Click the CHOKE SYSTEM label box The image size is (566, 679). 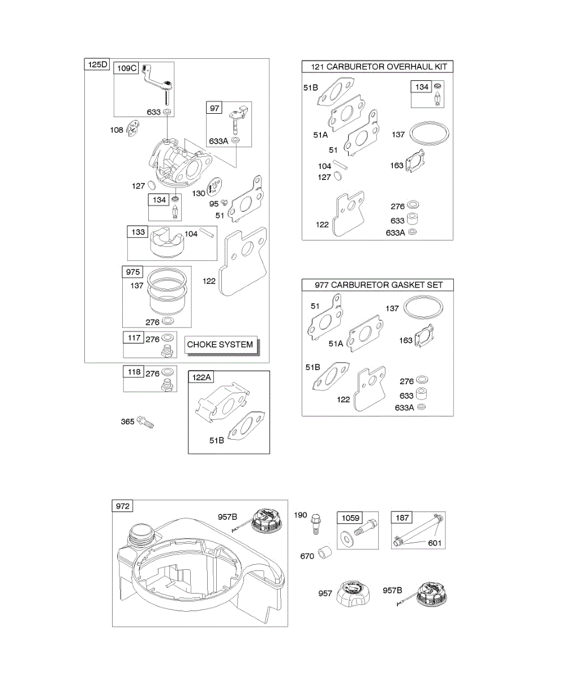[x=220, y=344]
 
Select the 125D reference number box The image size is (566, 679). [x=97, y=65]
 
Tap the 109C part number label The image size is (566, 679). [x=126, y=68]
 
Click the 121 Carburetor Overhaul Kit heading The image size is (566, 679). [x=378, y=67]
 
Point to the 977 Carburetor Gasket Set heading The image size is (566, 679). [x=378, y=285]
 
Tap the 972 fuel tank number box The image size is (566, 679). [x=123, y=506]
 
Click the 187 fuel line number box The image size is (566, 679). [x=401, y=518]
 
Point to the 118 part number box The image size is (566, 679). [x=134, y=372]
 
